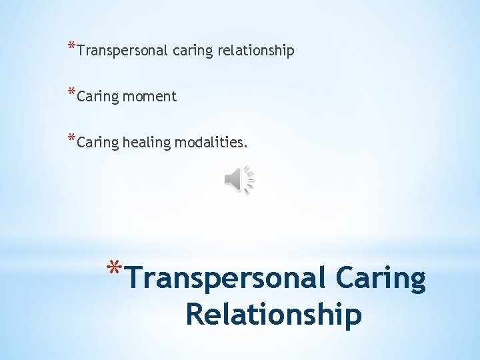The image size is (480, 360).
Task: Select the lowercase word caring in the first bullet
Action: click(192, 51)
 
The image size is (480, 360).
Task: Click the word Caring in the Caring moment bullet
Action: click(97, 97)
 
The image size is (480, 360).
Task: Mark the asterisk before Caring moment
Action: click(71, 93)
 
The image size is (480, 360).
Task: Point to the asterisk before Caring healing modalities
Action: click(71, 138)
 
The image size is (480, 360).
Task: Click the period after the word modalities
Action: click(236, 146)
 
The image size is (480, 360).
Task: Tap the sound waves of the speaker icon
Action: click(250, 179)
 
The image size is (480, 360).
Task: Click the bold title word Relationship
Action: click(274, 314)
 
